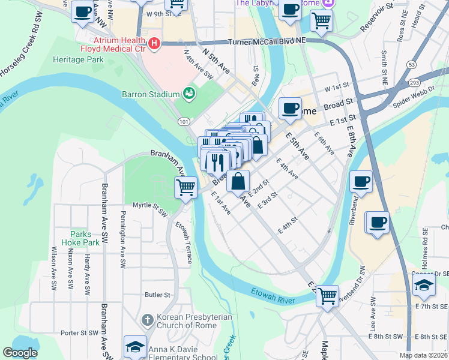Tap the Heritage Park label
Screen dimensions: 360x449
tap(78, 59)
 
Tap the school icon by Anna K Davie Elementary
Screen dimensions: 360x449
tap(135, 346)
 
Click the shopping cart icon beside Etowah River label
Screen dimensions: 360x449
tap(327, 295)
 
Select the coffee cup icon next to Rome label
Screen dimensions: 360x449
tap(291, 108)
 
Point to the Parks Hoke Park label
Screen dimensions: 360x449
tap(84, 238)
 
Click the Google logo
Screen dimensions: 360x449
tap(20, 353)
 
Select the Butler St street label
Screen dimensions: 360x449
tap(158, 295)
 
